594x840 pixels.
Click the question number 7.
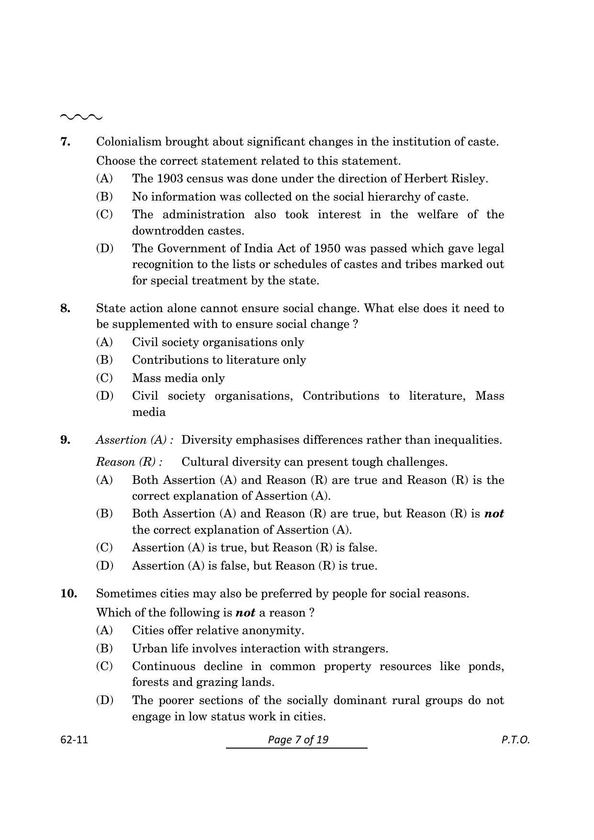pyautogui.click(x=66, y=142)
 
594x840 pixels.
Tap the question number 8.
pyautogui.click(x=66, y=308)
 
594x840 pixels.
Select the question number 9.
pyautogui.click(x=66, y=440)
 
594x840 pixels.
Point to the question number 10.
pyautogui.click(x=68, y=594)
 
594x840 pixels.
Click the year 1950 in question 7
pyautogui.click(x=327, y=248)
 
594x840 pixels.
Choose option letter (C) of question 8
pyautogui.click(x=104, y=378)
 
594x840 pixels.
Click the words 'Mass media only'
pyautogui.click(x=178, y=378)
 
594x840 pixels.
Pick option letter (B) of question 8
pyautogui.click(x=104, y=359)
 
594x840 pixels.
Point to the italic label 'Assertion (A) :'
pyautogui.click(x=134, y=440)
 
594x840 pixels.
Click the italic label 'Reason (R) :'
pyautogui.click(x=129, y=462)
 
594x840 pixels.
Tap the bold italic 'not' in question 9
pyautogui.click(x=494, y=514)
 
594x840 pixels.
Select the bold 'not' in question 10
pyautogui.click(x=245, y=613)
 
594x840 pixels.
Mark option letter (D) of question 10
pyautogui.click(x=104, y=700)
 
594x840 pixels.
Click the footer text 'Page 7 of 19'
pyautogui.click(x=298, y=739)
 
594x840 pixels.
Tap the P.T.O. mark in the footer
pyautogui.click(x=516, y=739)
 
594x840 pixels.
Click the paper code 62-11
pyautogui.click(x=74, y=739)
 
